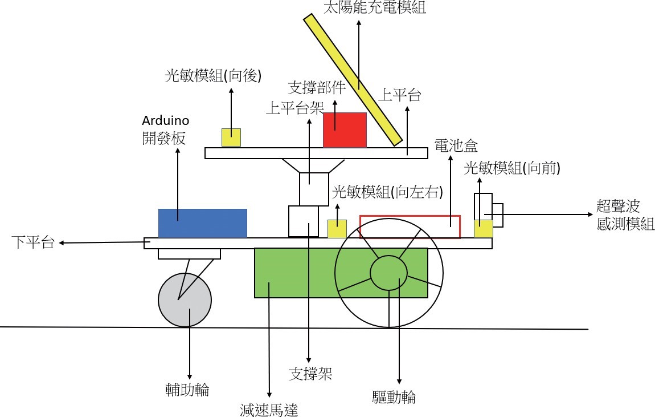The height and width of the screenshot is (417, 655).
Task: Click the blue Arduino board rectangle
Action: coord(203,224)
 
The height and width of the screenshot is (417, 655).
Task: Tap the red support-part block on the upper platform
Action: coord(345,129)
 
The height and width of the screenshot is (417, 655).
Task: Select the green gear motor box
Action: coord(292,273)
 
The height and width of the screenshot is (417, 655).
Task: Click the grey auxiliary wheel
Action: coord(185,300)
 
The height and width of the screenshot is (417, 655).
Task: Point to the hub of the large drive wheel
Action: coord(388,273)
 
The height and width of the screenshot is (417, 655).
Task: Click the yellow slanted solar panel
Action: coord(353,80)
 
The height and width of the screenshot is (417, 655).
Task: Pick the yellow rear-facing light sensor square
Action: coord(231,137)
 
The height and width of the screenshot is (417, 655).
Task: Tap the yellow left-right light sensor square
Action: coord(337,229)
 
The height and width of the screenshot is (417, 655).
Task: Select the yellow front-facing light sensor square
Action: coord(484,229)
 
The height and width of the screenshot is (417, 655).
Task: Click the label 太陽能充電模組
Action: coord(375,7)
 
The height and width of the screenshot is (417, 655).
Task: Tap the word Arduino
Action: coord(165,120)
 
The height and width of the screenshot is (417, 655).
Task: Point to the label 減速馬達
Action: coord(269,410)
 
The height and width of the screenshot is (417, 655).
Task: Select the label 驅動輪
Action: coord(394,396)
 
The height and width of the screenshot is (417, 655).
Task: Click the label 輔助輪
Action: coord(187,390)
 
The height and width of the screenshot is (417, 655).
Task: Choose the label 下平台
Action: coord(33,242)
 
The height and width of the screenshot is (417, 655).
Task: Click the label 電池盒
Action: coord(456,145)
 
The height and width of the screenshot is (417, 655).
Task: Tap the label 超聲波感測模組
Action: coord(625,215)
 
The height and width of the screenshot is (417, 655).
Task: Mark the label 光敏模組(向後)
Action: coord(213,76)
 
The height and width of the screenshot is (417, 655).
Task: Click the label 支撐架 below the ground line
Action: coord(310,374)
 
